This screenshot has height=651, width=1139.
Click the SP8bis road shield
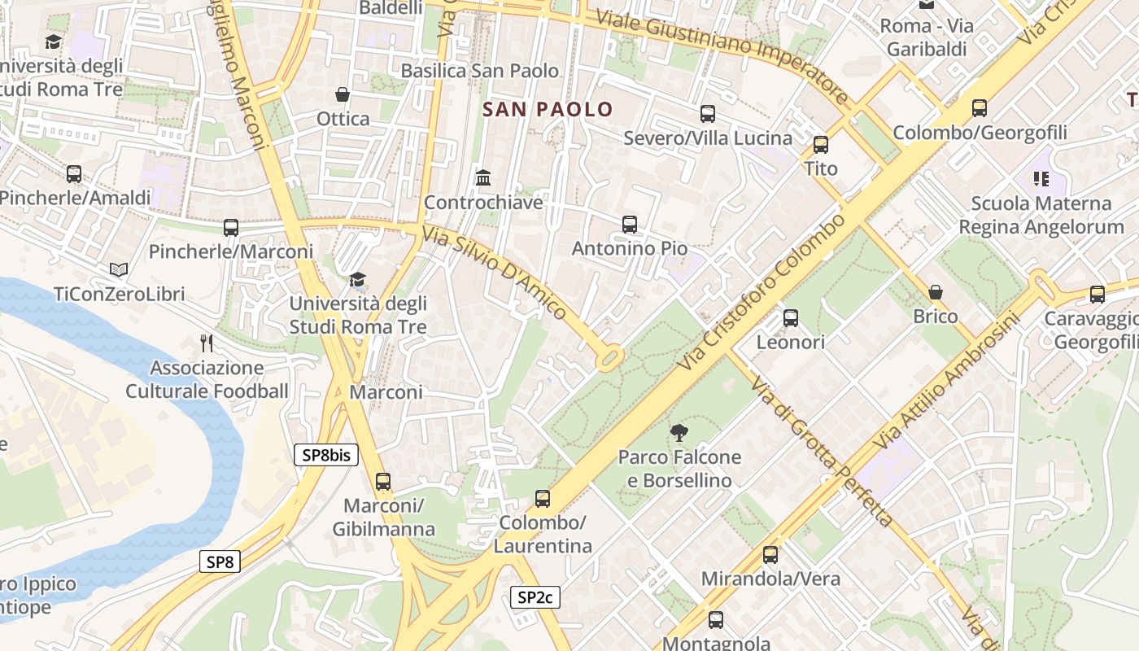click(x=326, y=455)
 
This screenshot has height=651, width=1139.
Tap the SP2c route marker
click(x=535, y=597)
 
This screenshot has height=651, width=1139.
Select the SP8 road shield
click(x=220, y=561)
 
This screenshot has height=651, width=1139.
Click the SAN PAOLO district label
click(x=548, y=109)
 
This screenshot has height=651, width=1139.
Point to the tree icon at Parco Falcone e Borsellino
click(x=678, y=432)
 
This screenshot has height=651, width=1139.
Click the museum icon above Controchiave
click(x=483, y=177)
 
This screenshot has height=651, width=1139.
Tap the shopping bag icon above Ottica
click(x=343, y=94)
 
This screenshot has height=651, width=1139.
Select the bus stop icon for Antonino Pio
click(x=629, y=224)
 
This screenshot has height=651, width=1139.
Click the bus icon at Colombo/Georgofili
click(x=980, y=107)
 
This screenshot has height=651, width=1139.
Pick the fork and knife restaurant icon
click(x=207, y=343)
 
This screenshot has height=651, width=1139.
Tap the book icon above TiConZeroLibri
click(x=119, y=269)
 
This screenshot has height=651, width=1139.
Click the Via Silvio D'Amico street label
click(x=494, y=272)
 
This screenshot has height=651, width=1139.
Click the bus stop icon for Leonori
click(x=790, y=318)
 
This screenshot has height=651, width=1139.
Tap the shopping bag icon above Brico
click(x=936, y=292)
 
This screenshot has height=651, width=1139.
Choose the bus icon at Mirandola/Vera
click(x=770, y=555)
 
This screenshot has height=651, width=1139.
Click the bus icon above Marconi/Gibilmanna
click(x=383, y=481)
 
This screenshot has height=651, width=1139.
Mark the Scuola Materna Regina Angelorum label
click(x=1041, y=215)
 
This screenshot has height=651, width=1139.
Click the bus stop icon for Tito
click(x=820, y=145)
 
